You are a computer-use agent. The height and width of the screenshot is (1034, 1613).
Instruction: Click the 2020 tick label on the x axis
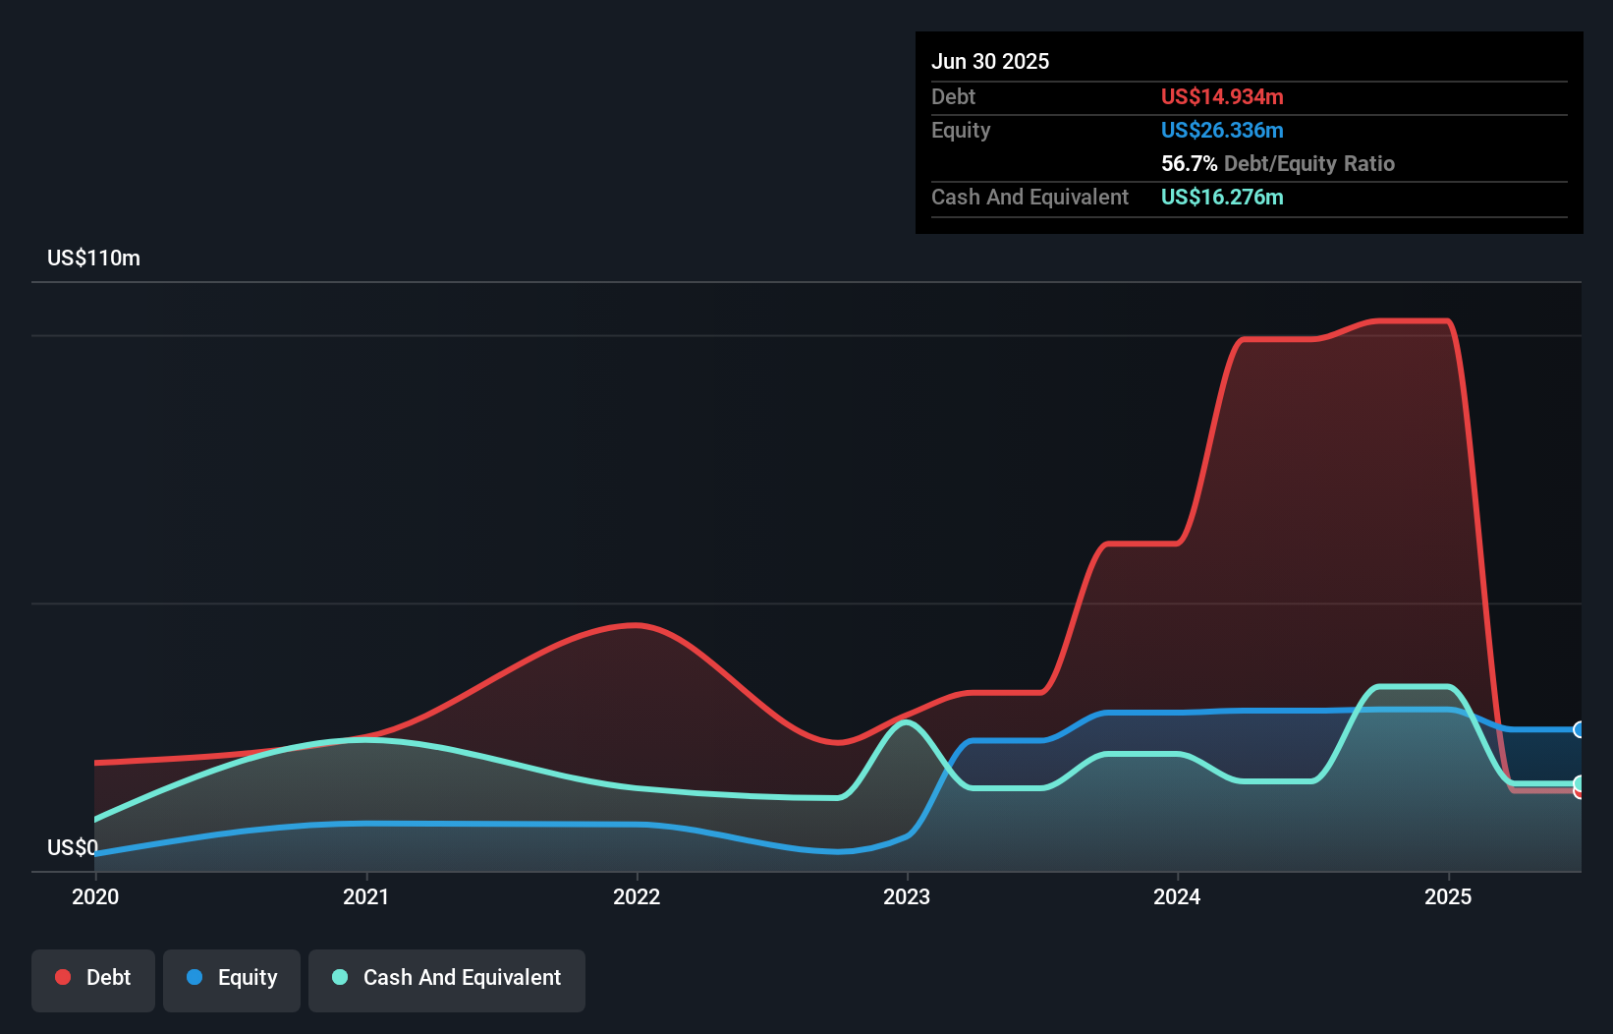95,896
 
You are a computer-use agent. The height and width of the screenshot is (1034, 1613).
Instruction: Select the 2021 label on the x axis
365,896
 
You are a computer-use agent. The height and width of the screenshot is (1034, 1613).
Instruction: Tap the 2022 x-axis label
637,896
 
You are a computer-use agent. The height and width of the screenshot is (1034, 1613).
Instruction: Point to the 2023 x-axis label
907,896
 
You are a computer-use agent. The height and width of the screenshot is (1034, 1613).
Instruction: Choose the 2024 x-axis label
1177,896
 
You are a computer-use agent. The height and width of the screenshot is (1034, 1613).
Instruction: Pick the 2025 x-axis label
1448,896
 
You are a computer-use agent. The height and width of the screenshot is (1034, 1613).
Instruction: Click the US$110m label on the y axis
93,258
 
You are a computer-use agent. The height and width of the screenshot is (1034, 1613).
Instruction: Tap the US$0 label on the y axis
72,847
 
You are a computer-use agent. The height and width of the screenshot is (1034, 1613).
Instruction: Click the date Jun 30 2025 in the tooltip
990,61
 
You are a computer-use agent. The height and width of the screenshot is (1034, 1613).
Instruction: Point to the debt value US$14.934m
1222,96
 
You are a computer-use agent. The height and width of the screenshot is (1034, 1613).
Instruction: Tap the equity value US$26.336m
1222,130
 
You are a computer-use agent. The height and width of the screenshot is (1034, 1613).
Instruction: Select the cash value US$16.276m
1222,197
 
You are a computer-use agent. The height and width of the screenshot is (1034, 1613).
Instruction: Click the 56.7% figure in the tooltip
1189,163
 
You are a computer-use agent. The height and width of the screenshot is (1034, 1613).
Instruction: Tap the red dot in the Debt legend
63,977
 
